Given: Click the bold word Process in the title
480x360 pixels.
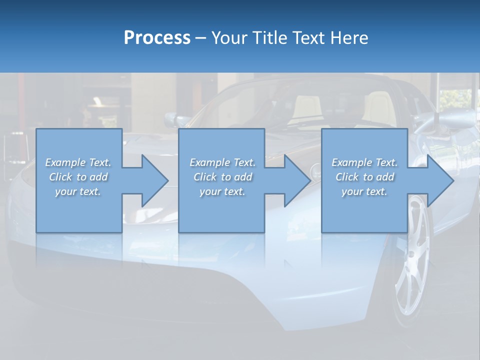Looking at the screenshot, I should tap(157, 37).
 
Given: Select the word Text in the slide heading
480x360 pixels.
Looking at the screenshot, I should tap(309, 37).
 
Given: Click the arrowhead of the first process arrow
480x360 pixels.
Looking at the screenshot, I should tap(155, 180).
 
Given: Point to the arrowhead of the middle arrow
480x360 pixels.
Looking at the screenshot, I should tap(298, 180).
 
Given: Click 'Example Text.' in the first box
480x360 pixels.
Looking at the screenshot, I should tap(78, 162).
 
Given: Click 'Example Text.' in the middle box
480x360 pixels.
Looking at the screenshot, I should tap(222, 162).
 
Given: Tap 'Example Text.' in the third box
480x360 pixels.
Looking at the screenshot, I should tap(364, 162).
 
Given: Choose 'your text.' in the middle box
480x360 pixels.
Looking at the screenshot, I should tap(222, 191).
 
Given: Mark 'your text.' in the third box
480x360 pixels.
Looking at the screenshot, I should tap(364, 191).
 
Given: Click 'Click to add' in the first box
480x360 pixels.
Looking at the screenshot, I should tap(78, 177).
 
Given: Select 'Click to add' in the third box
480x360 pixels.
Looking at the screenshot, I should tap(365, 177).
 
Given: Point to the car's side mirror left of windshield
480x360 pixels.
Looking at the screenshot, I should tap(177, 120).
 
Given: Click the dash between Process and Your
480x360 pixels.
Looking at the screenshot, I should tap(201, 38).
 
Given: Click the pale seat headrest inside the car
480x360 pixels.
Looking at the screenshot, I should tap(306, 106).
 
